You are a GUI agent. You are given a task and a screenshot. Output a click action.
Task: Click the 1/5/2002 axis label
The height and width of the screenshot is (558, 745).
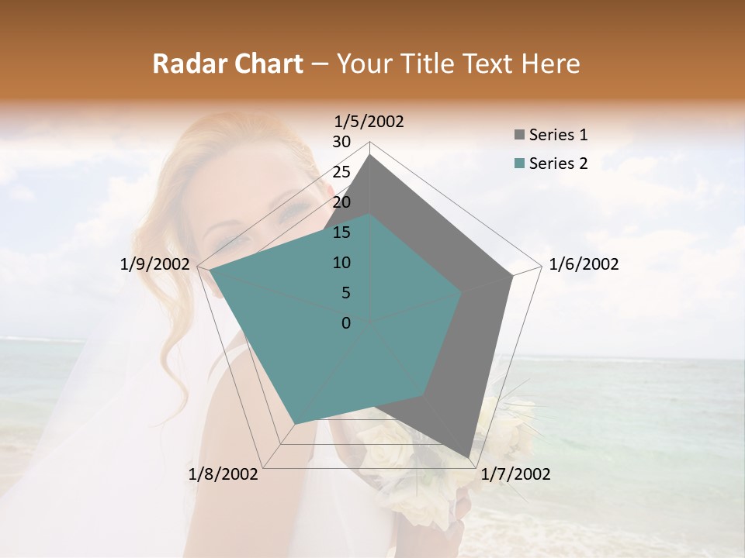(369, 121)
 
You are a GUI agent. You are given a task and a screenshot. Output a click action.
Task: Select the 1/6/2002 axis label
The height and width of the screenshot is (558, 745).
(584, 264)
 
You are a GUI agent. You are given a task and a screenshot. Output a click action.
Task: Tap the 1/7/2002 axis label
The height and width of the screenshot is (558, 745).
(515, 474)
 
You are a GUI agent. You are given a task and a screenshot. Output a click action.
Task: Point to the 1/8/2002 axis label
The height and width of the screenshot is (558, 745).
(223, 474)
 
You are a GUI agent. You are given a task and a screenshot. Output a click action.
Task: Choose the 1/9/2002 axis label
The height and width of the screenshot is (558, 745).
(155, 264)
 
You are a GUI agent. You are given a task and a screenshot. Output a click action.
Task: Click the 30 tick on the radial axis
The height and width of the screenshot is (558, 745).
(341, 142)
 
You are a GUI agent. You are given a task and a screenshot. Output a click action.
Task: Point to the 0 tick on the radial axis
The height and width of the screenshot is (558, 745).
(346, 323)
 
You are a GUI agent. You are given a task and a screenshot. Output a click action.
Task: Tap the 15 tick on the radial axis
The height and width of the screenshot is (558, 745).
(341, 232)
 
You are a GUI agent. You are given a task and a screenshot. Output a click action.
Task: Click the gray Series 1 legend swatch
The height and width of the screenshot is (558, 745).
(519, 136)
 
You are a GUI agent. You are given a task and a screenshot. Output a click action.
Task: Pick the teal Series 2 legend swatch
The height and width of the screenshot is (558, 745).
(519, 164)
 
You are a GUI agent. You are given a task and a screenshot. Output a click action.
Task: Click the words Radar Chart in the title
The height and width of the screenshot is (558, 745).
(227, 64)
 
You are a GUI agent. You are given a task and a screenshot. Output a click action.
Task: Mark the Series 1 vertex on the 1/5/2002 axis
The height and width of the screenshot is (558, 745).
(370, 154)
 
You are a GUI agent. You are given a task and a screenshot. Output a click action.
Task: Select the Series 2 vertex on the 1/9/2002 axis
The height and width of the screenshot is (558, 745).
(210, 270)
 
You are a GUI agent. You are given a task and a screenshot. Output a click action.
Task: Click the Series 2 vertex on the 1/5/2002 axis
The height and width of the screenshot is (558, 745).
(370, 215)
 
